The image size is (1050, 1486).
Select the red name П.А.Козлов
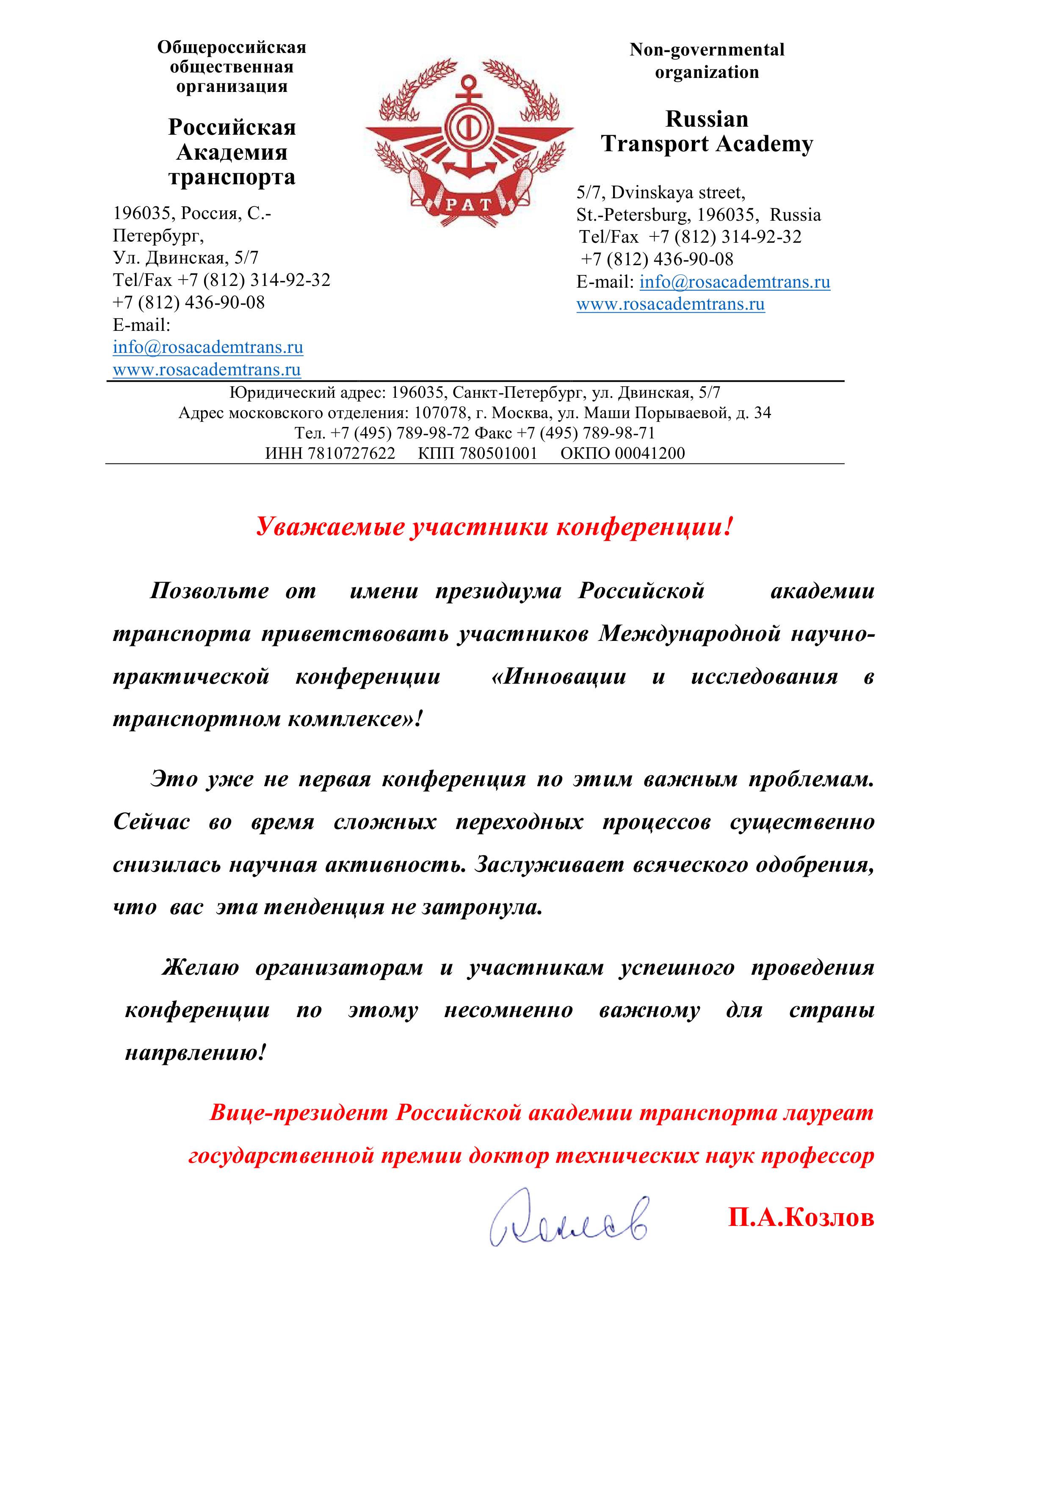pos(801,1217)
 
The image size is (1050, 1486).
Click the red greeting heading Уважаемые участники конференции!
pos(495,527)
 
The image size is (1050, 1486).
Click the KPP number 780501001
pos(498,453)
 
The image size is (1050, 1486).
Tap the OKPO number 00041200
pos(649,453)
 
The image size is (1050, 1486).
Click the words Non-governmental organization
pos(707,61)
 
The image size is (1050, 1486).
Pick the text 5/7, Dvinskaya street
pos(660,192)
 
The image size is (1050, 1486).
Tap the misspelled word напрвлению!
pos(195,1052)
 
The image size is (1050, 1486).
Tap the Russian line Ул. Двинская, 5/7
pos(186,258)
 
